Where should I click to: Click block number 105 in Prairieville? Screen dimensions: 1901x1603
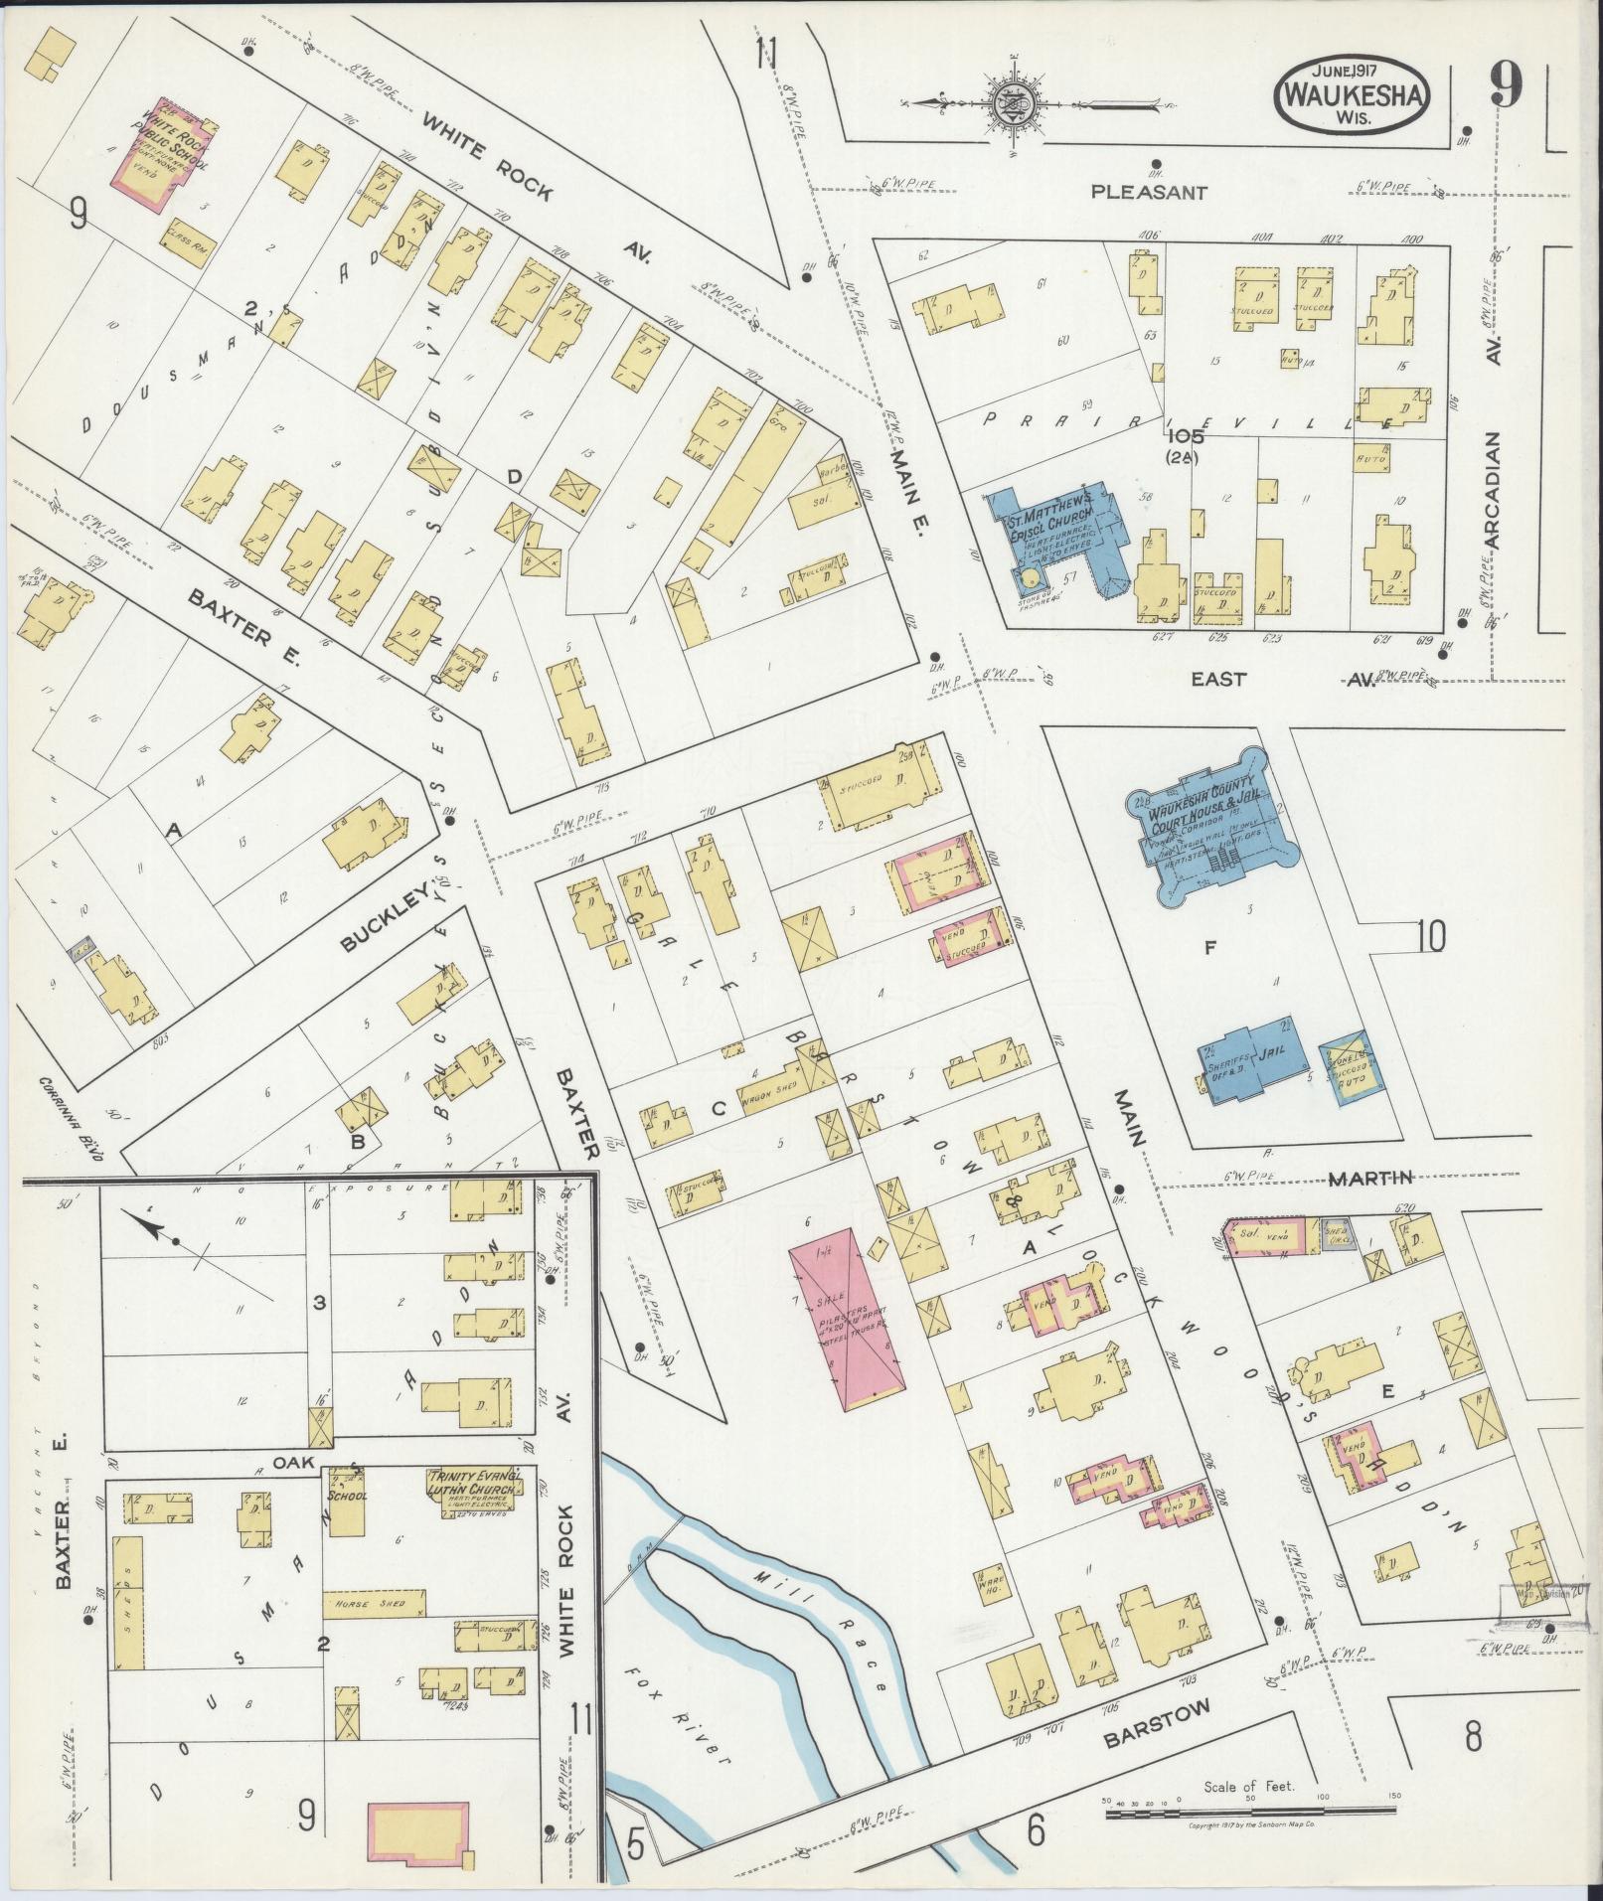1185,435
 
